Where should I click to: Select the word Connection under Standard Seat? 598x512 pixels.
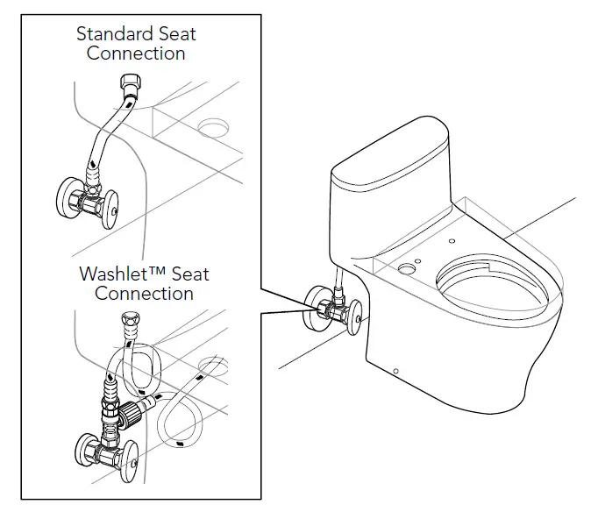click(x=136, y=53)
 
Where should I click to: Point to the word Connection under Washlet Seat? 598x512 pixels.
click(x=144, y=293)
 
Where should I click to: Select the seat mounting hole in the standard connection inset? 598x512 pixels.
click(x=213, y=129)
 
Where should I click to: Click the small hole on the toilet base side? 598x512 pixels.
click(x=395, y=372)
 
